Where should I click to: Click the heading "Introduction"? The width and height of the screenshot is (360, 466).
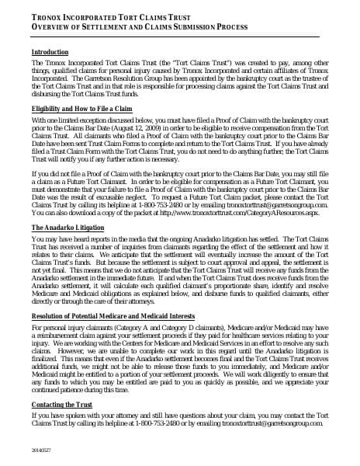(x=50, y=52)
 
